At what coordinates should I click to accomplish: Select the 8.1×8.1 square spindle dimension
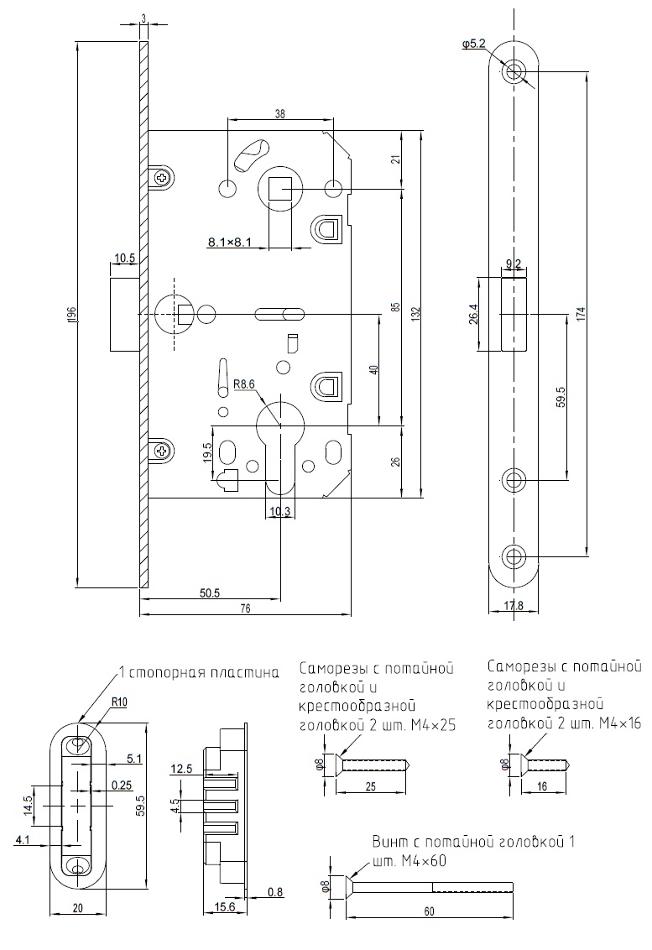(x=231, y=243)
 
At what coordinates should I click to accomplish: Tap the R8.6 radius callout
(x=244, y=384)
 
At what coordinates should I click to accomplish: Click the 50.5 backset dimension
(x=210, y=593)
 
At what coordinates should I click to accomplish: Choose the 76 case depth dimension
(x=245, y=609)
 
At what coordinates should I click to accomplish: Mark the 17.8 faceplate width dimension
(x=514, y=606)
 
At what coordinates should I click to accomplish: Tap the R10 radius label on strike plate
(x=117, y=703)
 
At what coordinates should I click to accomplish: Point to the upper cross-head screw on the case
(x=161, y=177)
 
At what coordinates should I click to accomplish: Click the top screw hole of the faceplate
(x=514, y=71)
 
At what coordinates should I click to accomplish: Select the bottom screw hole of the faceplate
(x=514, y=556)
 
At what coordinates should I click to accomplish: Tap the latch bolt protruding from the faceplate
(x=124, y=316)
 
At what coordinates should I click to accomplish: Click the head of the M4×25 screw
(x=335, y=764)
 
